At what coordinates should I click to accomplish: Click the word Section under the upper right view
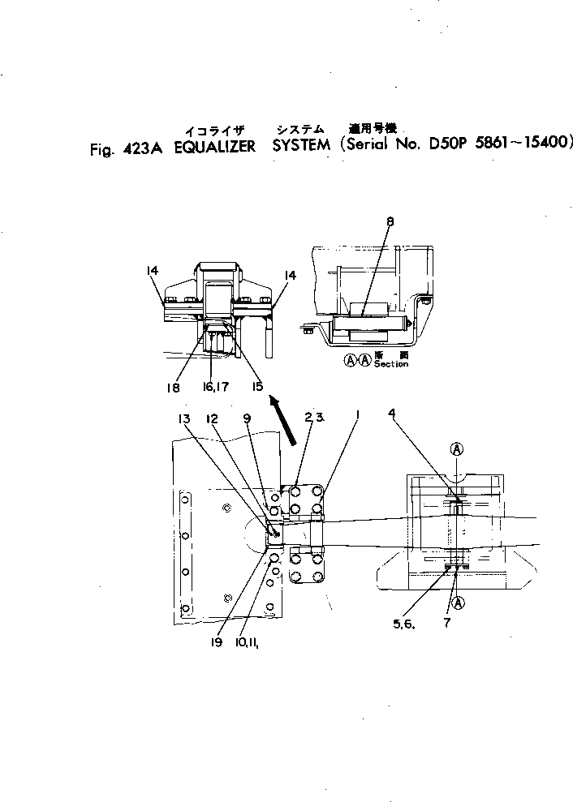(390, 365)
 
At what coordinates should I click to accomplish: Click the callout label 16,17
(213, 388)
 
